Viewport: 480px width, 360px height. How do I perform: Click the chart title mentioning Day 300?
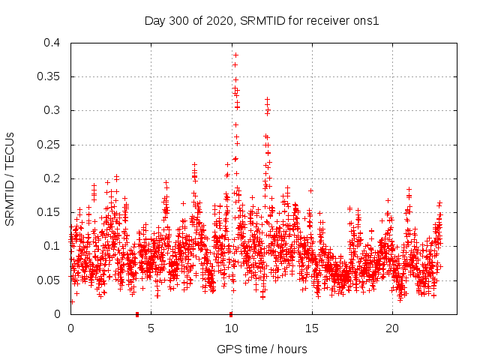click(262, 20)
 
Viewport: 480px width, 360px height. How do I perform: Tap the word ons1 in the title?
click(366, 20)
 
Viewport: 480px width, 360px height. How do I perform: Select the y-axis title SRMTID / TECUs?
click(10, 178)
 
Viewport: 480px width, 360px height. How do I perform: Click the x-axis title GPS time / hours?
click(262, 349)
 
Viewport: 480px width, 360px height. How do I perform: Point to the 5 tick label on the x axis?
click(151, 328)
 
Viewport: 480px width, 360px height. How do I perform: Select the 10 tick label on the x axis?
click(231, 328)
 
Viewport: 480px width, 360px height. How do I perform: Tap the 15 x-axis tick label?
click(311, 328)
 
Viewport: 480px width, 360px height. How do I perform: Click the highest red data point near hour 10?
click(235, 55)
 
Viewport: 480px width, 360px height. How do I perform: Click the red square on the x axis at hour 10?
click(231, 313)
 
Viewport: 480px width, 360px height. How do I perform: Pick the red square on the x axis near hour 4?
click(137, 313)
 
